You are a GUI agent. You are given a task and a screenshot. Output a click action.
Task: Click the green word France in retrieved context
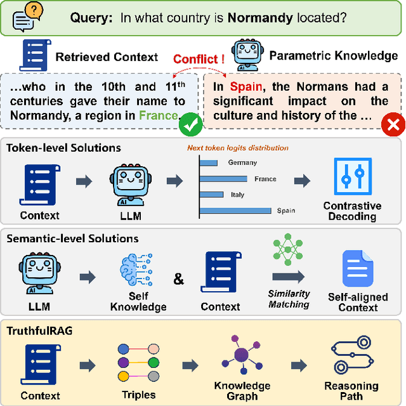pyautogui.click(x=159, y=115)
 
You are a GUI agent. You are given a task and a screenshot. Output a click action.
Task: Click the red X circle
pyautogui.click(x=393, y=125)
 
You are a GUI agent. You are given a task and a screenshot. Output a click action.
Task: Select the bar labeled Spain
pyautogui.click(x=237, y=211)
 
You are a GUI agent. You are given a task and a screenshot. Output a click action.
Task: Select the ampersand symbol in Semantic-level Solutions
pyautogui.click(x=179, y=278)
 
